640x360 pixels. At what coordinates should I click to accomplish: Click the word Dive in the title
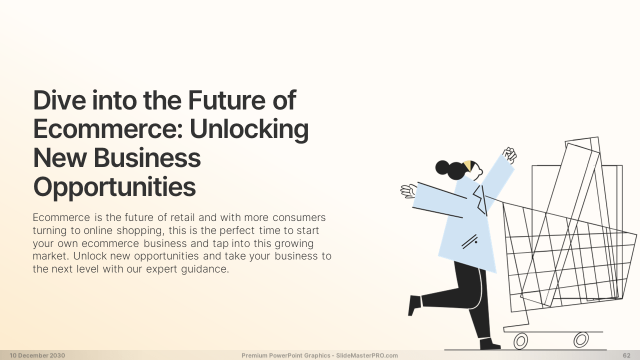(x=59, y=100)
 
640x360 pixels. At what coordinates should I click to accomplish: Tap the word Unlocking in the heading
(x=249, y=129)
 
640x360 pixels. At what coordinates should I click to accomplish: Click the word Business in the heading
(x=147, y=158)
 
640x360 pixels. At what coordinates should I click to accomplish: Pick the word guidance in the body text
(x=205, y=269)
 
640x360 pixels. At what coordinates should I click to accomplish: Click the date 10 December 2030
(x=37, y=355)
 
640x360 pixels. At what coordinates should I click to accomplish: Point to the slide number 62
(x=626, y=355)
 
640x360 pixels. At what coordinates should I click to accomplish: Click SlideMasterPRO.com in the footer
(x=367, y=355)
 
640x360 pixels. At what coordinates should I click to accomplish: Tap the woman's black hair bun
(x=442, y=167)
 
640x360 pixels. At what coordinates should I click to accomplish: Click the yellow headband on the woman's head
(x=467, y=165)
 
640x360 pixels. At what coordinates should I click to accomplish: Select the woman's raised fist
(x=509, y=155)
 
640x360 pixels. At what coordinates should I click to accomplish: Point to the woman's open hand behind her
(x=408, y=191)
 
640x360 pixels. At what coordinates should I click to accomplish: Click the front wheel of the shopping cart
(x=581, y=339)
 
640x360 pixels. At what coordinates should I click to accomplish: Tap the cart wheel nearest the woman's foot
(x=520, y=341)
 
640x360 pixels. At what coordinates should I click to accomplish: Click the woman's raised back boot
(x=414, y=305)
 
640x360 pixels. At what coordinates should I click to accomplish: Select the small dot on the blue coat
(x=475, y=242)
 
